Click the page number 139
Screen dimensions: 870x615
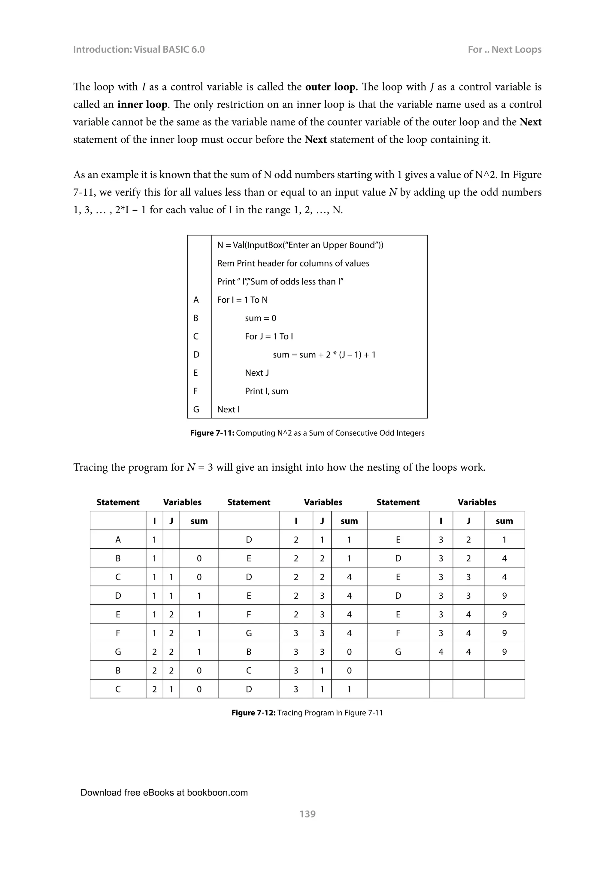(x=307, y=814)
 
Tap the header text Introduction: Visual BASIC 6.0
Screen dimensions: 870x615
(x=139, y=49)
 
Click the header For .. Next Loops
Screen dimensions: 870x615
(x=504, y=49)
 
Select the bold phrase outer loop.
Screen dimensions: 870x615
(x=331, y=87)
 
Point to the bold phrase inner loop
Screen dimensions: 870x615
(x=142, y=104)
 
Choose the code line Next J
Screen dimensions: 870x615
(x=257, y=373)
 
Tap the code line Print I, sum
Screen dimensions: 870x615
(x=266, y=391)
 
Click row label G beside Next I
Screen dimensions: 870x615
(x=196, y=409)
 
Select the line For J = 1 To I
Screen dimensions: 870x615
(x=269, y=336)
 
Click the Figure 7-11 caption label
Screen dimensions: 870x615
(x=212, y=433)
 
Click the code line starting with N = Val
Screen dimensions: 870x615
(x=300, y=245)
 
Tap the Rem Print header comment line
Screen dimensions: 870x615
(x=293, y=263)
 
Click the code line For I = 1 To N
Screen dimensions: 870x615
(x=242, y=300)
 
